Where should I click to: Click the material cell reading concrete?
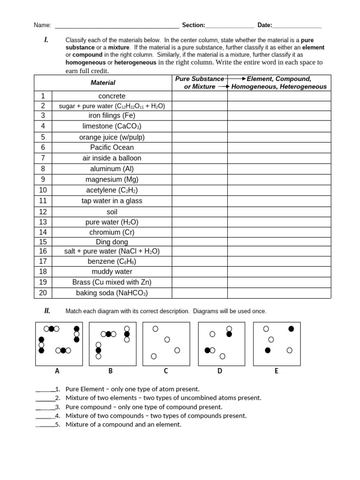pos(112,96)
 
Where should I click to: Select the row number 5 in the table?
pos(43,137)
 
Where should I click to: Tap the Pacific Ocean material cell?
pos(112,147)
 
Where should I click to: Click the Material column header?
pos(103,82)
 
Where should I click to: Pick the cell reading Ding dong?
pos(112,242)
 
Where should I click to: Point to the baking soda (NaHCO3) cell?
pos(112,293)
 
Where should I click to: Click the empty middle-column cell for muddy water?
pos(199,271)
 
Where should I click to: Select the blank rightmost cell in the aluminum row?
pos(279,168)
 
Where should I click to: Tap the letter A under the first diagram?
pos(57,371)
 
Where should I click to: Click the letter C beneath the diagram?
pos(165,371)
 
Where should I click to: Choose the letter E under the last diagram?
pos(276,371)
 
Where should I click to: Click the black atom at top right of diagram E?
pos(291,329)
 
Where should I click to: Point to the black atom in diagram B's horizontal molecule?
pos(109,334)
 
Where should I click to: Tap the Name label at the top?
pos(42,25)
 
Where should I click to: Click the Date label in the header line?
pos(264,25)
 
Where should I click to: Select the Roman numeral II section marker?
pos(47,310)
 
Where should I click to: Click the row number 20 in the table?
pos(43,293)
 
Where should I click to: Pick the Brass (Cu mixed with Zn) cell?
pos(112,282)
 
